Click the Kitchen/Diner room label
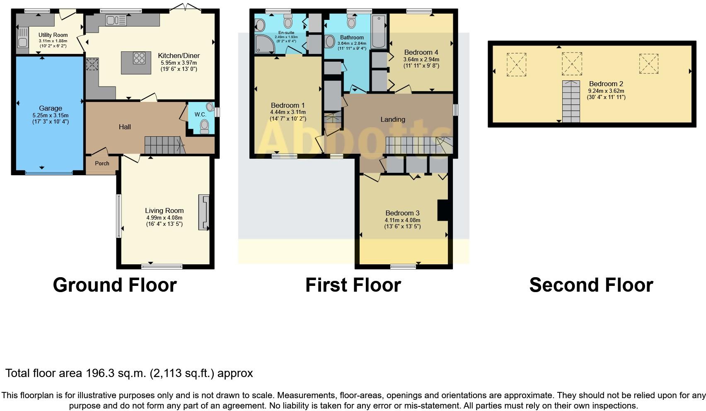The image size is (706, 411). click(x=179, y=56)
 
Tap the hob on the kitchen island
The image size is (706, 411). click(x=139, y=58)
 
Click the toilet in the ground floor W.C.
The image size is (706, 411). click(x=204, y=126)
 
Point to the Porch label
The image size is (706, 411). click(x=102, y=163)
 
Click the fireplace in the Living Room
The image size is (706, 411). click(x=204, y=212)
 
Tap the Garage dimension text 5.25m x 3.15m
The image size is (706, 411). click(x=51, y=116)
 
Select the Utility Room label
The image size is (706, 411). click(x=53, y=35)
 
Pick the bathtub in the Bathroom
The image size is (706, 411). click(x=379, y=31)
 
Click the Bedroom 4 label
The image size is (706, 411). click(x=421, y=53)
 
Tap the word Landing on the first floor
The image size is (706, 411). click(x=392, y=119)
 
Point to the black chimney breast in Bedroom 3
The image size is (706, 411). click(x=442, y=210)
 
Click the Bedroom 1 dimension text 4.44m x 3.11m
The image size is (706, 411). click(x=288, y=112)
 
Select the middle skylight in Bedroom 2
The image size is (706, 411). click(x=572, y=64)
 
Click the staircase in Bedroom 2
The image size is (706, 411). click(x=571, y=102)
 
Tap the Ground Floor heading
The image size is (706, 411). click(x=115, y=285)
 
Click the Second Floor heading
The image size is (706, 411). click(x=591, y=285)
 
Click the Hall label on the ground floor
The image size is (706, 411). click(x=125, y=127)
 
